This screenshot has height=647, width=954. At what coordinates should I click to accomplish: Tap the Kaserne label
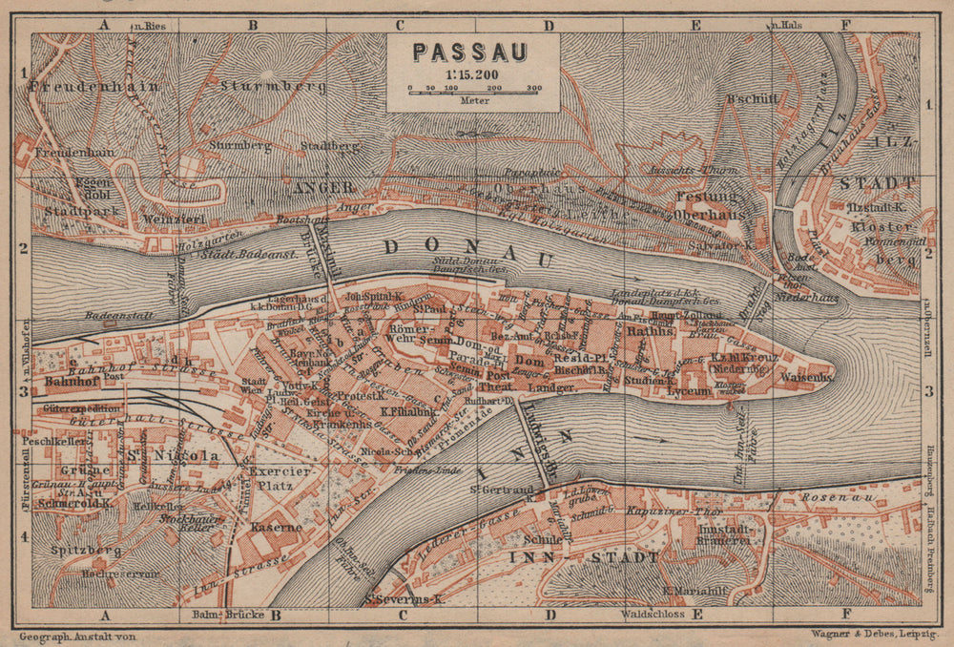(x=276, y=527)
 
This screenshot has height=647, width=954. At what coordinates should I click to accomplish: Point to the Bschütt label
(x=753, y=98)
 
